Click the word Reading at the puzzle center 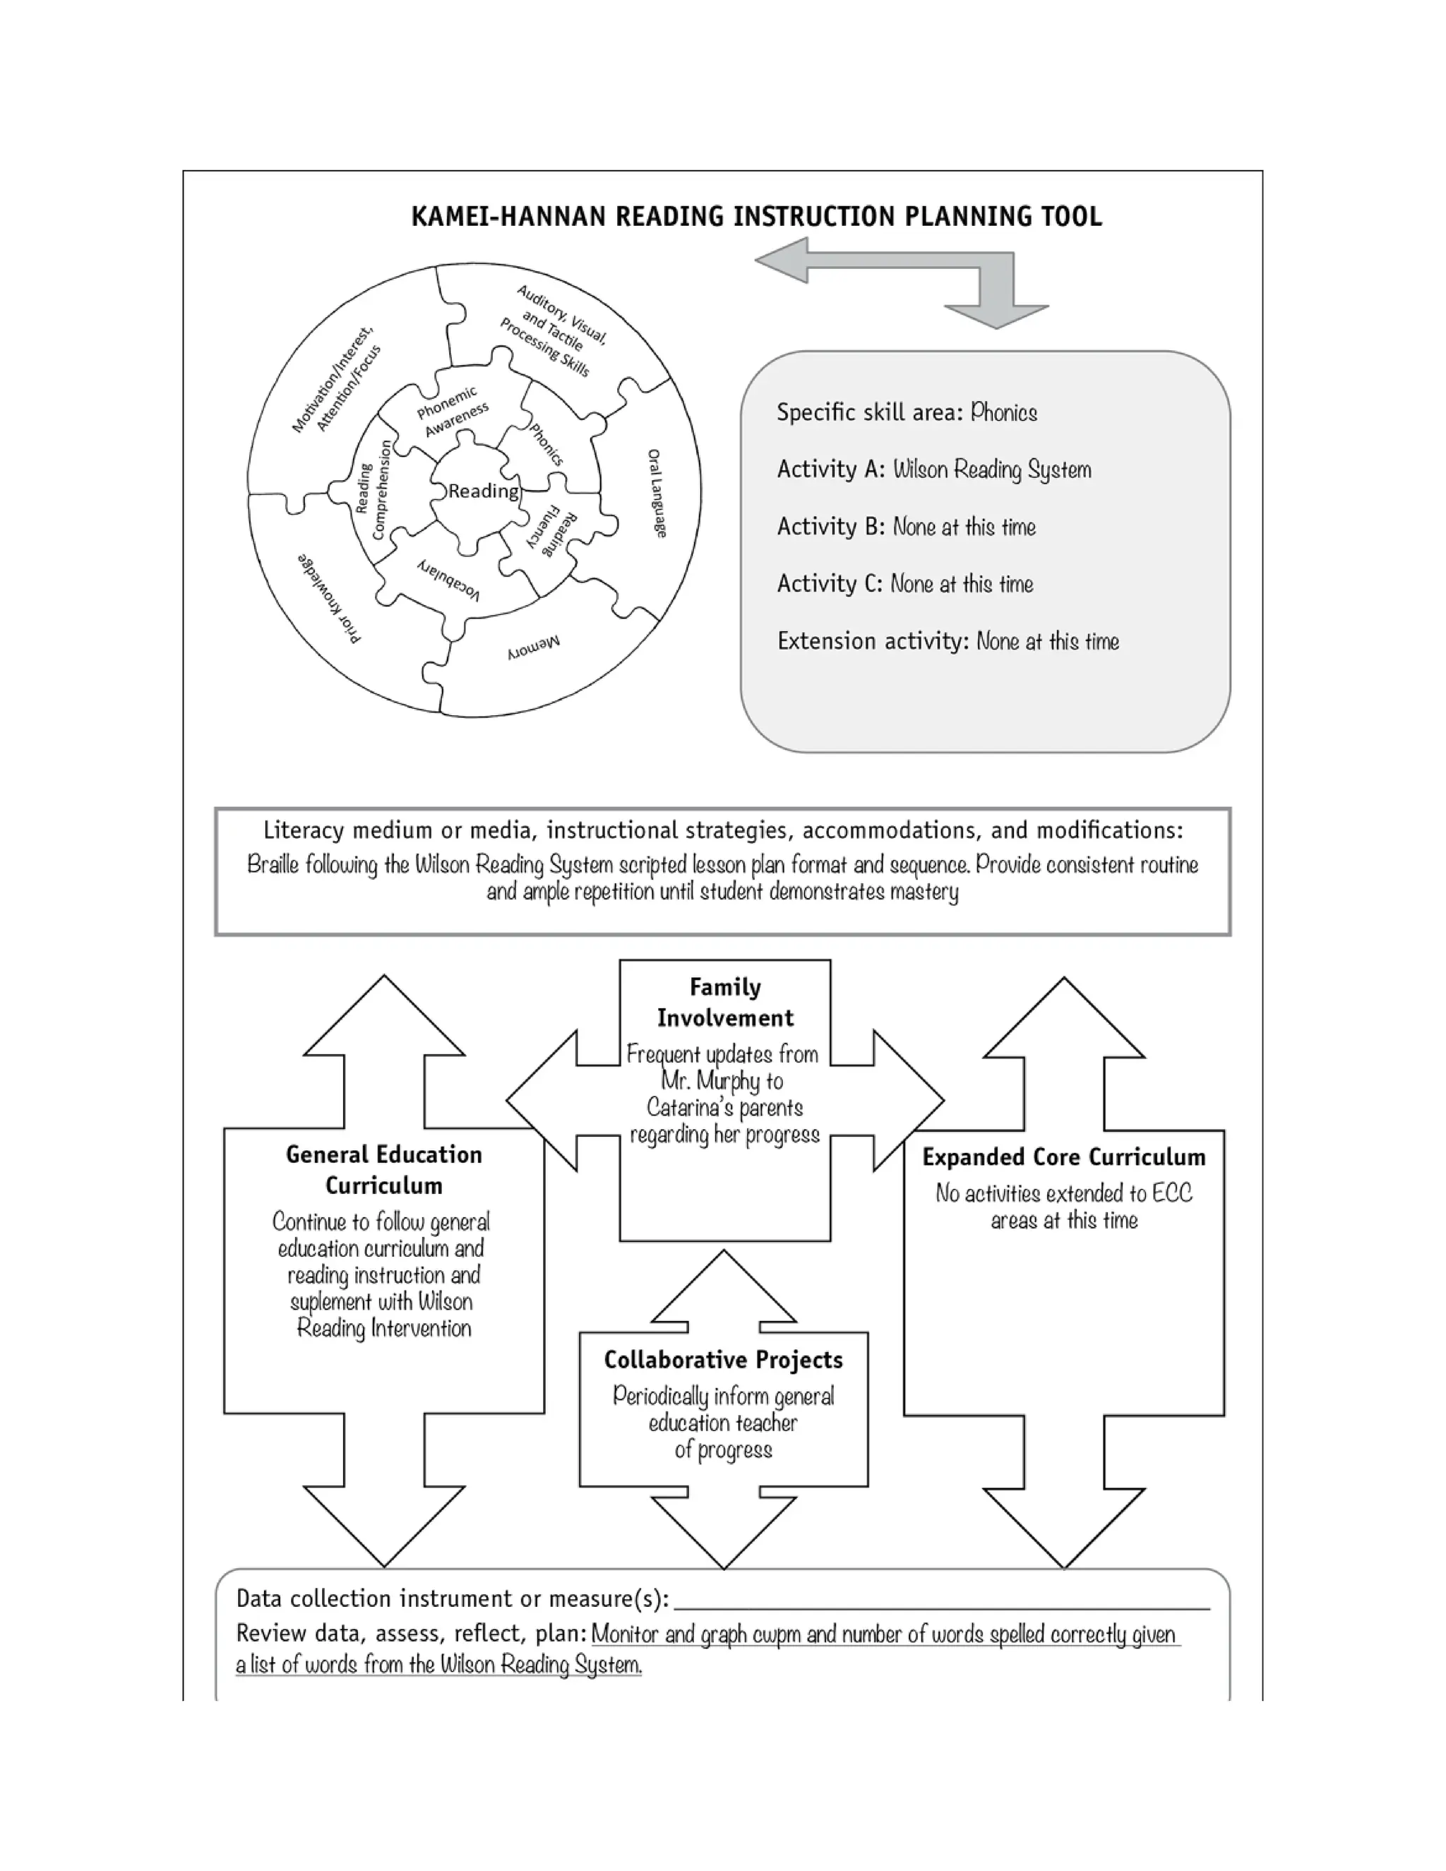click(483, 491)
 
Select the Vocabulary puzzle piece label click(448, 579)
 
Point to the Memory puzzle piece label click(534, 647)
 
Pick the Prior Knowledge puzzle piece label click(330, 598)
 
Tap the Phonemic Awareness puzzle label click(451, 411)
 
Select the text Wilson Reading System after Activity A click(992, 470)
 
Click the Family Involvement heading click(724, 1003)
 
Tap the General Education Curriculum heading click(384, 1169)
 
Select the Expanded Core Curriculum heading click(1063, 1157)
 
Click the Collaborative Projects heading click(723, 1360)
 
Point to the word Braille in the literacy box click(273, 864)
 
